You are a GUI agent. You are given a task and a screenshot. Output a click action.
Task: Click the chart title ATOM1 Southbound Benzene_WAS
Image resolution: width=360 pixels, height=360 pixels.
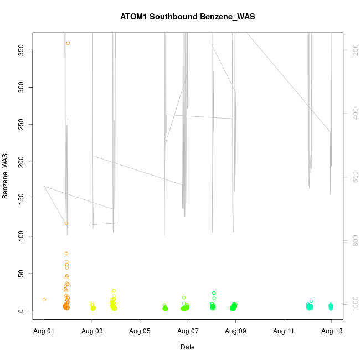187,17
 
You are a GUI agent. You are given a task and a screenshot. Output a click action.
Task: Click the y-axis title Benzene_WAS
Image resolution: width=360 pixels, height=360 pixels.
6,176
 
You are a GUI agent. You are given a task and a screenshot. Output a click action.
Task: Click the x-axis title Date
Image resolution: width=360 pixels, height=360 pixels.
187,347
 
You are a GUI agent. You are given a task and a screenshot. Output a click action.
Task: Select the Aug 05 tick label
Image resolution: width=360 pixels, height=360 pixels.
140,331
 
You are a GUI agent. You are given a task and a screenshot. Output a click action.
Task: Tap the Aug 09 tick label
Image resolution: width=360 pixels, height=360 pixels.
236,331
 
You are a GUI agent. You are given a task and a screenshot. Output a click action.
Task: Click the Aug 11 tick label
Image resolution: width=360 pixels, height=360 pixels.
284,331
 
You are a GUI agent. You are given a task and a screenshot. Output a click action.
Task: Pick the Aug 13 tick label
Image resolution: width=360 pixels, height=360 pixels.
332,331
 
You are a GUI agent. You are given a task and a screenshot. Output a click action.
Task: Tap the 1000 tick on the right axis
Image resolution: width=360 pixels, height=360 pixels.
353,304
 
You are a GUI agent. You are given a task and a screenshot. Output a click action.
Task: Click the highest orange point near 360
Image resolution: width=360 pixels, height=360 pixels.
68,43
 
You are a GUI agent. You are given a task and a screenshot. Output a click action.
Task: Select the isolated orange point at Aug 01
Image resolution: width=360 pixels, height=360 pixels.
44,300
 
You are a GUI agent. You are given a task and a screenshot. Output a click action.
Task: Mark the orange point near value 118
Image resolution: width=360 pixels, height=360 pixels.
66,223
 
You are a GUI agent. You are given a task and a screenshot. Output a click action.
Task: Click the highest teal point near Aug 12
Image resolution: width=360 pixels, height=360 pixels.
311,301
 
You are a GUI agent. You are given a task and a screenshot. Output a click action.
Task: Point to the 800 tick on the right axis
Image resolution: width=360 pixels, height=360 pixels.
353,240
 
